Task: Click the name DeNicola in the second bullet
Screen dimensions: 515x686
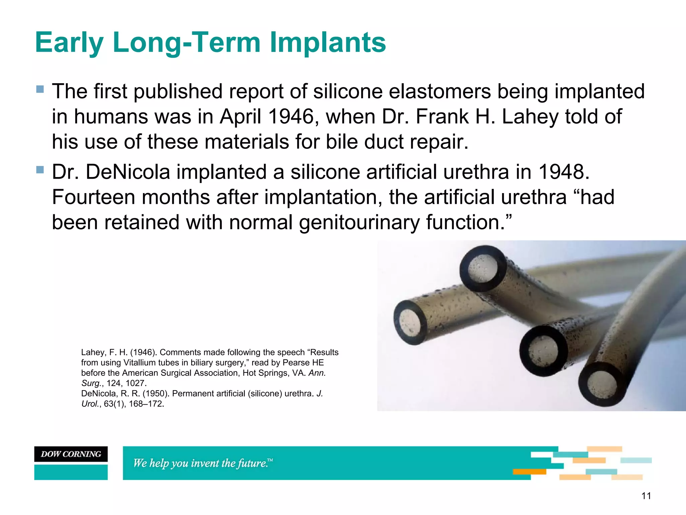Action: coord(128,172)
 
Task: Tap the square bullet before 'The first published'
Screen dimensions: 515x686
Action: coord(40,89)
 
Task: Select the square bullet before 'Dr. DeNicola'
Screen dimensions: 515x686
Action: coord(40,170)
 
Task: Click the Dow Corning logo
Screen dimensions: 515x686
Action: coord(71,454)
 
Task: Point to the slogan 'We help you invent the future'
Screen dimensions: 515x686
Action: coord(203,463)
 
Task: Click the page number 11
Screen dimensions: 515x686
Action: coord(646,496)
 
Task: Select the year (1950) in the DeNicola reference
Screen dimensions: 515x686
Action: coord(156,393)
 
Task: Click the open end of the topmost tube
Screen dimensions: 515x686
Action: coord(483,268)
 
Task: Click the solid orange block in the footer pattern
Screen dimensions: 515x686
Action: coord(529,472)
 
